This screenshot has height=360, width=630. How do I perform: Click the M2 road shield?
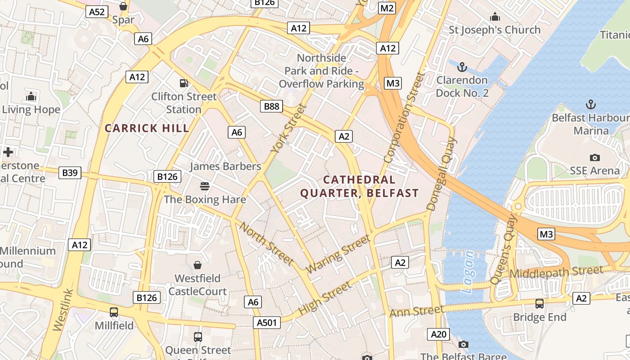(387, 8)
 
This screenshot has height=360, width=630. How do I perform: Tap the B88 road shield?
(271, 106)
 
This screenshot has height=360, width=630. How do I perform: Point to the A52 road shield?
(97, 12)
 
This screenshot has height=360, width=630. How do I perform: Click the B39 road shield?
(70, 172)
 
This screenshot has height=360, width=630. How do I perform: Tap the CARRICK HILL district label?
(147, 128)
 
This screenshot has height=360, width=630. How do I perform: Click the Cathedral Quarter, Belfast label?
(359, 186)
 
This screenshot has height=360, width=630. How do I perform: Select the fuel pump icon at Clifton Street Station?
(184, 83)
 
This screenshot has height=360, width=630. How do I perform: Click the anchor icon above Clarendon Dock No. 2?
(461, 67)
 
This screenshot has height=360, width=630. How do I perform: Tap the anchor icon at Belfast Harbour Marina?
(590, 104)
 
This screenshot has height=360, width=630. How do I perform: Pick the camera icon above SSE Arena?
(594, 157)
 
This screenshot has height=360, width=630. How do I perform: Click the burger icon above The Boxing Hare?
(205, 186)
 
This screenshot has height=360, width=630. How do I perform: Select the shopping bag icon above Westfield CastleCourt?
(197, 265)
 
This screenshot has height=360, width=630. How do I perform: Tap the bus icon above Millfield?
(114, 312)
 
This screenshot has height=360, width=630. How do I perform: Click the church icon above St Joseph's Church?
(495, 17)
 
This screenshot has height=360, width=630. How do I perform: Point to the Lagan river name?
(468, 272)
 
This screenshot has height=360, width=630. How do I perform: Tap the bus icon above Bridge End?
(539, 303)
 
